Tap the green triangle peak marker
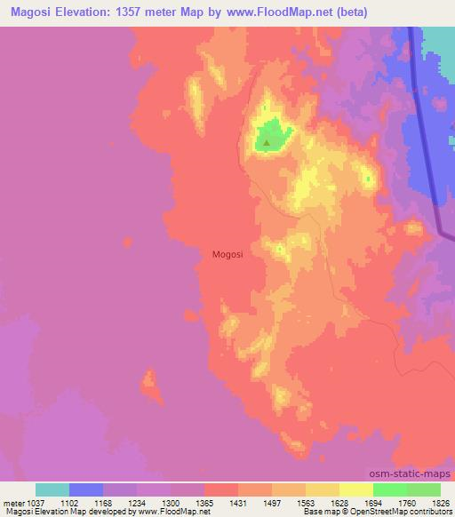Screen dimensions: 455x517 click(x=266, y=140)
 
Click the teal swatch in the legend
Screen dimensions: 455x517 click(x=52, y=489)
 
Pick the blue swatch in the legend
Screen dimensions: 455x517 click(x=86, y=489)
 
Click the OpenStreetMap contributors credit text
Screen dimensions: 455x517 click(x=397, y=511)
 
